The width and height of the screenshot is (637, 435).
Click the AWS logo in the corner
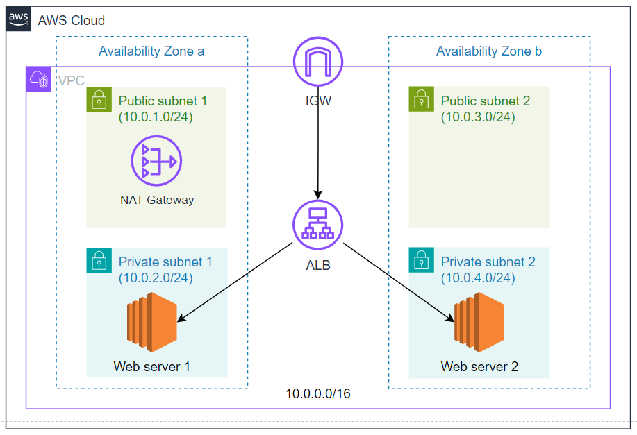(19, 19)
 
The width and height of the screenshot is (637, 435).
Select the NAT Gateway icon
(156, 161)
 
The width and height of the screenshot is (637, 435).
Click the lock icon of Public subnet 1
(99, 99)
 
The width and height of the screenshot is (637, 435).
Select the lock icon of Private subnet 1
(99, 260)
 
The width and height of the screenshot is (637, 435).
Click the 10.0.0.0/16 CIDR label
(318, 393)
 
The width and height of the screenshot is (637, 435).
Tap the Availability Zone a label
(151, 51)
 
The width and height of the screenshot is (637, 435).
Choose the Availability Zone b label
(489, 51)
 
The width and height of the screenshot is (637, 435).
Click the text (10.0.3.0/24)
(478, 117)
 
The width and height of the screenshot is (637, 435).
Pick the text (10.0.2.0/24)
(156, 278)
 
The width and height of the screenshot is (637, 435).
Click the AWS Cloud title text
(72, 20)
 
